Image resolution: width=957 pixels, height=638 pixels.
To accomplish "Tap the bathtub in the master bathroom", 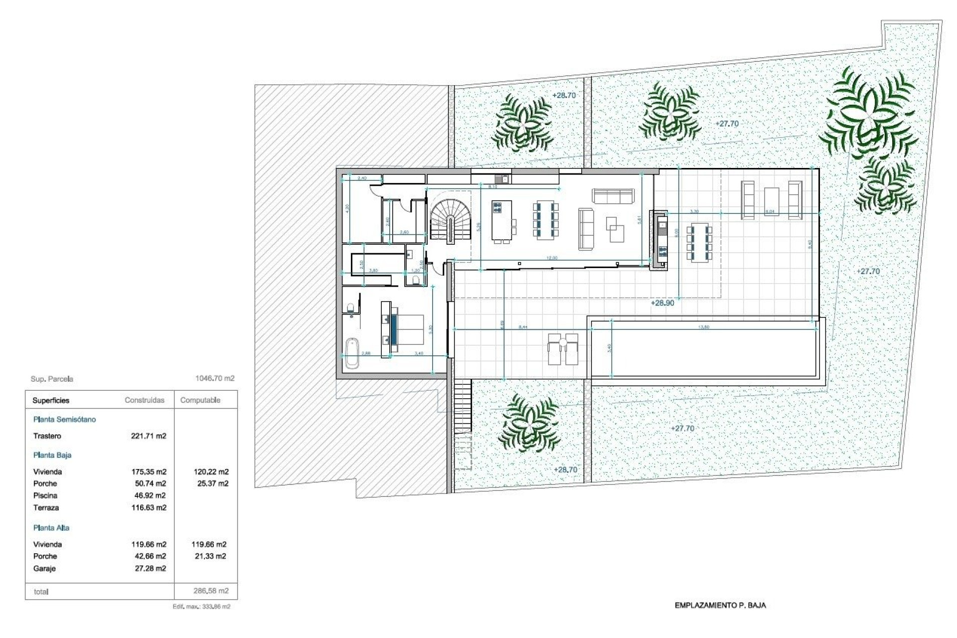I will coord(352,353).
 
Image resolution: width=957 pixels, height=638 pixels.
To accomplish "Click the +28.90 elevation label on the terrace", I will coord(662,303).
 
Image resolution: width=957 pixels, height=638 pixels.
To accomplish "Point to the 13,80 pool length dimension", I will coord(704,327).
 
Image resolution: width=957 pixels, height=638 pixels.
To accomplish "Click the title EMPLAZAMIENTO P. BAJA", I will coord(720,606).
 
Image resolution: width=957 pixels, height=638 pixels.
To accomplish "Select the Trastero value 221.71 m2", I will coord(149,436).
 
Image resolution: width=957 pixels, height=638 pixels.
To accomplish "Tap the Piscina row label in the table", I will coord(45,495).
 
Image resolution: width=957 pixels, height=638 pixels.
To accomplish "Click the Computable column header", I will coord(200,400).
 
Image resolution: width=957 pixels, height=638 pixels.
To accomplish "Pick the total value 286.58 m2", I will coord(211,591).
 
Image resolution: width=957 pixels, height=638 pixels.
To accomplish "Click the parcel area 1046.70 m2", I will coord(215,379).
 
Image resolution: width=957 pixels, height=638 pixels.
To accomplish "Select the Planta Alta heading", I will coord(51,528).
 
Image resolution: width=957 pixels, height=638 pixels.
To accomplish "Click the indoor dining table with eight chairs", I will coord(546,220).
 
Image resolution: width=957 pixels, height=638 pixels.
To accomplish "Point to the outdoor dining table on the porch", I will coord(699,244).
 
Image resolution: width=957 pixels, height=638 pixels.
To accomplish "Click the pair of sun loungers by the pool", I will coord(563,349).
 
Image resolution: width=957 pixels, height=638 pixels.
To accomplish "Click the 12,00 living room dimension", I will coord(552,258).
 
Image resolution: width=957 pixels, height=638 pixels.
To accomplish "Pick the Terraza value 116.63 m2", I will coord(149,508).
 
